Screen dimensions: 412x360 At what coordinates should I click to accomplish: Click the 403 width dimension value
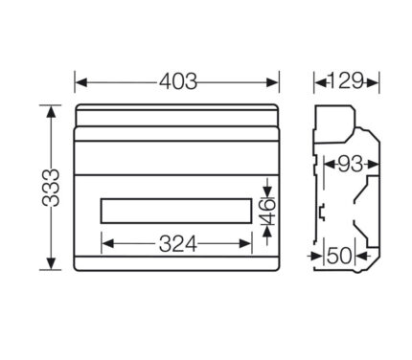(x=178, y=81)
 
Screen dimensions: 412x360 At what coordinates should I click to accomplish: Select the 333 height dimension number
(x=51, y=188)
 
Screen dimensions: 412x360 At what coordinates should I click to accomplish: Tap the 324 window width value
(x=178, y=244)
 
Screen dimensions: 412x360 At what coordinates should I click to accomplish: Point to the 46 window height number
(x=267, y=212)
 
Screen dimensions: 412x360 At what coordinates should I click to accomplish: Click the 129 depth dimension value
(x=346, y=81)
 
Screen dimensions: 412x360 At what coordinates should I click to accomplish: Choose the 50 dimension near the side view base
(x=340, y=256)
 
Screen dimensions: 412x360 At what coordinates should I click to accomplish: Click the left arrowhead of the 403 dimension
(x=81, y=82)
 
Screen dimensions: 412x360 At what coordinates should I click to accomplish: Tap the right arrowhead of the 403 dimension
(x=272, y=82)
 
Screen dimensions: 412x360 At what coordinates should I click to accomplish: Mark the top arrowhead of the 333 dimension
(x=51, y=112)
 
